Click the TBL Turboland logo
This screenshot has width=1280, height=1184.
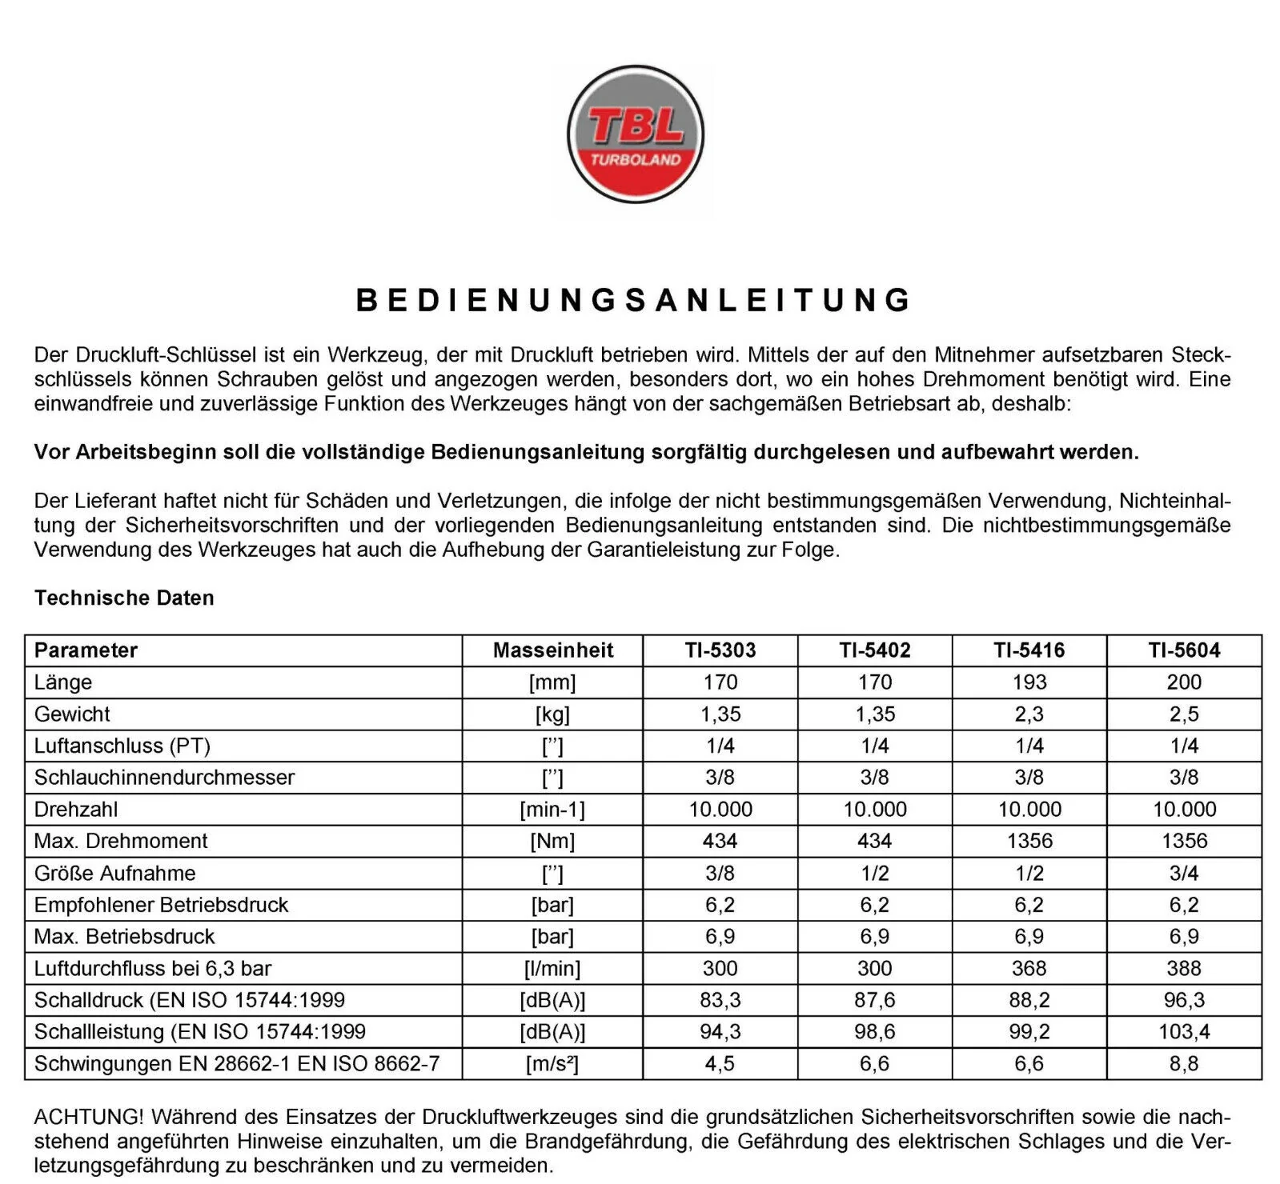pos(635,134)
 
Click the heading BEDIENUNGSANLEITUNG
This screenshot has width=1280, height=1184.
pos(634,300)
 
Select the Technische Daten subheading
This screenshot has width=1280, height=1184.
pos(124,598)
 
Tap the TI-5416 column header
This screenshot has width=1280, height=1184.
pos(1029,650)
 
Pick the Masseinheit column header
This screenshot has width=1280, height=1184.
pos(552,650)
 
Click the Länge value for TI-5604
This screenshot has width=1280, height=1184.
pos(1183,682)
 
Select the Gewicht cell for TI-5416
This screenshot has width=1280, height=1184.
pos(1029,714)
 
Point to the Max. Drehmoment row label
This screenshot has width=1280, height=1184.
pos(121,841)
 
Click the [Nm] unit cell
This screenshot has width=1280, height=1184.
pos(552,841)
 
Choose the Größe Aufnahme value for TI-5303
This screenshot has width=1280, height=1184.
pos(720,873)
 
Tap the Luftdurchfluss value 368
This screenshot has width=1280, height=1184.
pos(1029,968)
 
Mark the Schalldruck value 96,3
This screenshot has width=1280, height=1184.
pos(1183,1000)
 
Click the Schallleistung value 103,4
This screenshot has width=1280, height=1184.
pos(1183,1031)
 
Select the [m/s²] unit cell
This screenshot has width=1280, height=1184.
pos(552,1063)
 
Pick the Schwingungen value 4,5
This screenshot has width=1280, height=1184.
pos(720,1063)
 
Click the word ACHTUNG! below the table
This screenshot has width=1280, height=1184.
pos(89,1117)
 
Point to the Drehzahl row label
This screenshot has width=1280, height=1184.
pos(76,809)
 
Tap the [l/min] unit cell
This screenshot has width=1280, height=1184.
pos(552,968)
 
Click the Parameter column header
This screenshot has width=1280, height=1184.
pos(86,650)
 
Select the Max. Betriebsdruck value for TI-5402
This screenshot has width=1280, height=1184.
pos(874,936)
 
